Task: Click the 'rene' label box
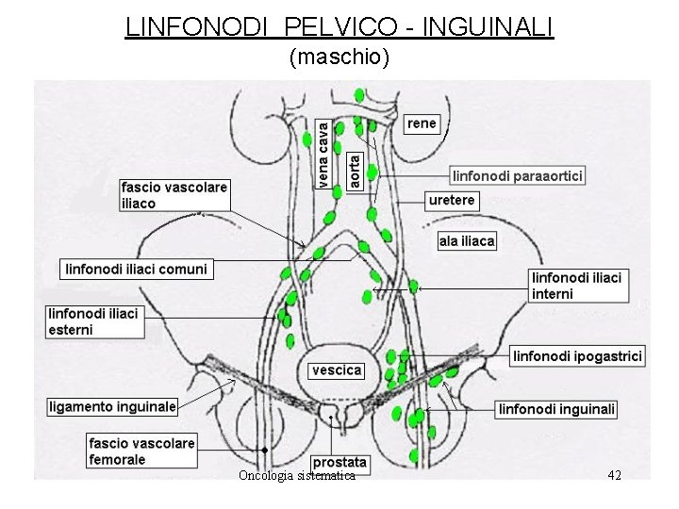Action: point(422,123)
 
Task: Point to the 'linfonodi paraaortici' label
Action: point(518,175)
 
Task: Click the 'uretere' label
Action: point(452,200)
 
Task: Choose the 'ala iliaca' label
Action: point(467,241)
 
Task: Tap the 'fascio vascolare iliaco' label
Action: point(174,195)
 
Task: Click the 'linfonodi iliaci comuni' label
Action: point(136,269)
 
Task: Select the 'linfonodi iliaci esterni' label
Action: point(93,321)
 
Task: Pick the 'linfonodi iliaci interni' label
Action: point(577,286)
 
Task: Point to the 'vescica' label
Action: point(337,370)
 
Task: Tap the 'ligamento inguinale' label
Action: point(112,407)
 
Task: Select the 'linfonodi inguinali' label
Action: point(557,409)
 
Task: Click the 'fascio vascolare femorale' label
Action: point(141,452)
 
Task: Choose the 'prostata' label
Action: point(339,463)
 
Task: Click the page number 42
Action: point(614,475)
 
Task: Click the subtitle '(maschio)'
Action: point(339,58)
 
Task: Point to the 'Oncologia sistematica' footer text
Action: point(297,476)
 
